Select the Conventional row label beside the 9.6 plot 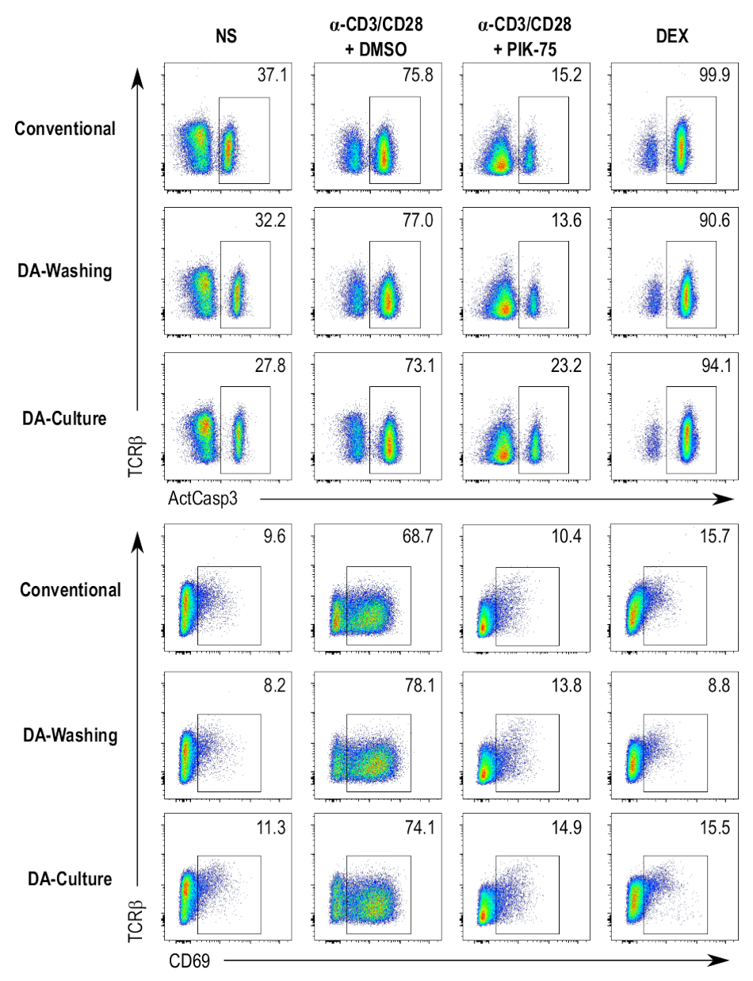[71, 590]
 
